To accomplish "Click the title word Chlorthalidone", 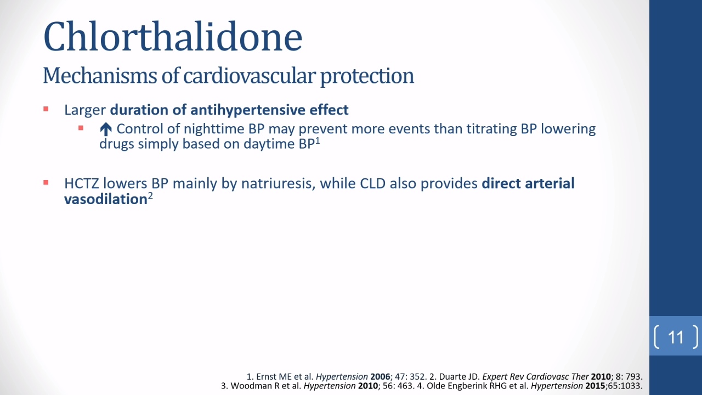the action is coord(173,36).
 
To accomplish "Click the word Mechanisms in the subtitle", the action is coord(100,76).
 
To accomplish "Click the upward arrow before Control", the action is coord(106,129).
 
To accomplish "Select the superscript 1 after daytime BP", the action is coord(318,141).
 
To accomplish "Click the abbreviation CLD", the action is coord(372,183).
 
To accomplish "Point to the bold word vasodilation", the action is coord(106,199).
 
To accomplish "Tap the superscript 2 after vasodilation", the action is coord(150,196).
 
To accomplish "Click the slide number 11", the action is coord(676,337).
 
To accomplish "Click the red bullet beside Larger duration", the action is coord(46,109).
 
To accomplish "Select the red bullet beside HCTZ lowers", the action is coord(46,183).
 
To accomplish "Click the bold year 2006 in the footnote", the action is coord(380,376).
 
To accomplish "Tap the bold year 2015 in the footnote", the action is coord(595,386).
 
